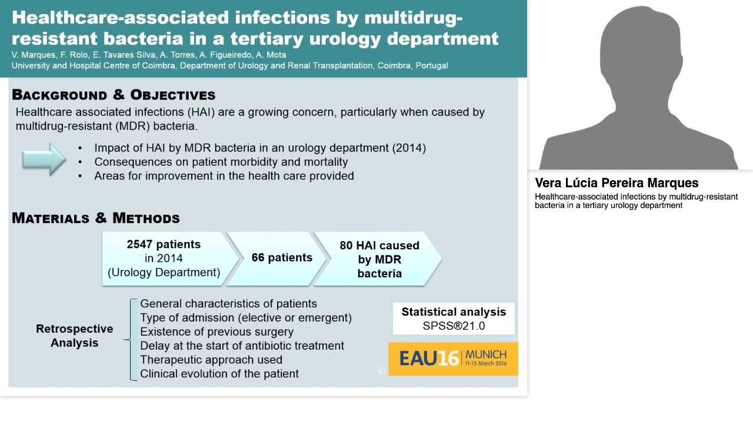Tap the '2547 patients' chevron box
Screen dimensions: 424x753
164,259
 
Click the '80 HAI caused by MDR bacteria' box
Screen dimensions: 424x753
379,259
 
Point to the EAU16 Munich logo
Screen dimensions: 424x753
453,358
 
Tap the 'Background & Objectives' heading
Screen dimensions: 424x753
114,95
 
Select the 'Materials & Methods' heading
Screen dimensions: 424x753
96,218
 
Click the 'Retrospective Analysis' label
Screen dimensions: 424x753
74,336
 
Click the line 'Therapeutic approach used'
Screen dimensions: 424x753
211,360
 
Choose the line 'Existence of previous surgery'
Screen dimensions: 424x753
216,332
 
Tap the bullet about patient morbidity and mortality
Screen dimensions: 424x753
221,162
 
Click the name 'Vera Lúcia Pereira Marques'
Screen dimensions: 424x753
617,183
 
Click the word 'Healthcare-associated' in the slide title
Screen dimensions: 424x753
94,17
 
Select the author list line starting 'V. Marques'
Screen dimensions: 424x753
148,55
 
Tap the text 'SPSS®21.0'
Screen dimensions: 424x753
454,326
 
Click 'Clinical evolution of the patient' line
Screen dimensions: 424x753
219,374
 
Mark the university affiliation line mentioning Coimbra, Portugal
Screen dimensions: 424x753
229,65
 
